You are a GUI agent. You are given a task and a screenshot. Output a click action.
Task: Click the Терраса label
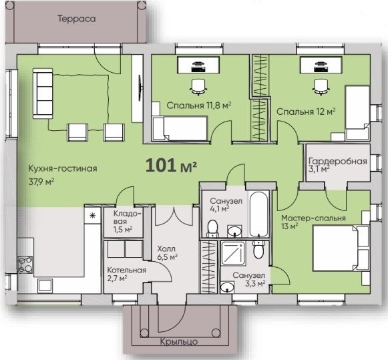[77, 19]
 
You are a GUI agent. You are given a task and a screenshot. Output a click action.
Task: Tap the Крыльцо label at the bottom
[179, 342]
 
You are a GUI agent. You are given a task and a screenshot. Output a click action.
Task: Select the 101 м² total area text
[171, 165]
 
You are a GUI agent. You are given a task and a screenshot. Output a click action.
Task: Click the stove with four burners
[25, 264]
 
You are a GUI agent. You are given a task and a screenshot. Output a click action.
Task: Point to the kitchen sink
[45, 285]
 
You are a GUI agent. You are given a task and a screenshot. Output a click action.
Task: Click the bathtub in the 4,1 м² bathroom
[258, 214]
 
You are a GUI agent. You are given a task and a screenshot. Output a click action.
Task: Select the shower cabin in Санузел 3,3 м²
[233, 253]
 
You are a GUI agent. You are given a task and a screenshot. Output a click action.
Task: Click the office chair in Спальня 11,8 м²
[198, 87]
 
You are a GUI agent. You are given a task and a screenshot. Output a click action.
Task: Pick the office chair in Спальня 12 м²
[321, 87]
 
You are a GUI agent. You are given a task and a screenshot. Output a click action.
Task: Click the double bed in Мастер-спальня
[341, 248]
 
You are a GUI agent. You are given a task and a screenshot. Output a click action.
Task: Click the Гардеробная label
[338, 162]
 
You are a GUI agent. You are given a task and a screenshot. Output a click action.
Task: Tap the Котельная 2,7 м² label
[126, 274]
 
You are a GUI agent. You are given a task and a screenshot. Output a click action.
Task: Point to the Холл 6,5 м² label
[167, 252]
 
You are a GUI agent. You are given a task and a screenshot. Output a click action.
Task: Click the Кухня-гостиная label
[63, 169]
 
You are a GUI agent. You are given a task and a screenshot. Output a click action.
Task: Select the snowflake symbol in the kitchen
[93, 216]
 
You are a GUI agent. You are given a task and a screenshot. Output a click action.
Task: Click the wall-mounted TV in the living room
[140, 88]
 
